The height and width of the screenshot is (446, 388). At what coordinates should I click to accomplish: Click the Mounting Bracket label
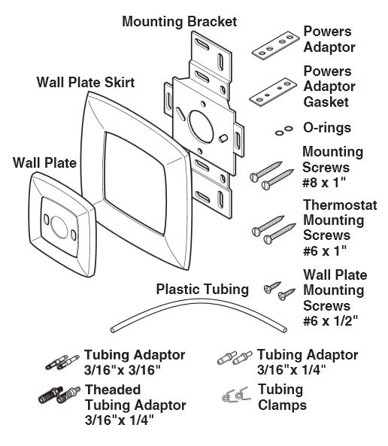click(179, 22)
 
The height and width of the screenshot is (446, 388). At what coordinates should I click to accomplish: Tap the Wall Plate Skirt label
click(85, 83)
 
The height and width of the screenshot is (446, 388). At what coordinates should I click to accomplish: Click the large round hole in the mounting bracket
click(201, 126)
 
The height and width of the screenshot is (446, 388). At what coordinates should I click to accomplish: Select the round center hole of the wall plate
click(59, 227)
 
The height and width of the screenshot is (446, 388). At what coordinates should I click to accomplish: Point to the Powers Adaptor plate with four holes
click(275, 45)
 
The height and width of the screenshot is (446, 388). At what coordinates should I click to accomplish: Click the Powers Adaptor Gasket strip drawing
click(273, 92)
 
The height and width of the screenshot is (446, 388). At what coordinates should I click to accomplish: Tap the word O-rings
click(327, 128)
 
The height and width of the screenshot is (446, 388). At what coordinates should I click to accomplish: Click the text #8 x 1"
click(324, 182)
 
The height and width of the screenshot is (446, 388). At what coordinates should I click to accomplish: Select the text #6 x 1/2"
click(330, 321)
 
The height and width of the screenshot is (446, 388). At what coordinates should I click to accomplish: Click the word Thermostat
click(340, 205)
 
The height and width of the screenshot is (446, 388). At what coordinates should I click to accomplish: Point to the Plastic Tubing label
click(202, 289)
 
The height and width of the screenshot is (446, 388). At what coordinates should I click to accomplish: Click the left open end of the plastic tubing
click(113, 330)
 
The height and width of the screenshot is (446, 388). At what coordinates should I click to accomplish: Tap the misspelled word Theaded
click(113, 390)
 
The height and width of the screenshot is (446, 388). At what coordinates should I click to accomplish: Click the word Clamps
click(282, 405)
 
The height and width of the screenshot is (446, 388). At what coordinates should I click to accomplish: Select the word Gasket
click(326, 102)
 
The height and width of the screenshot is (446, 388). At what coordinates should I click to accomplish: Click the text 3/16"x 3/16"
click(123, 370)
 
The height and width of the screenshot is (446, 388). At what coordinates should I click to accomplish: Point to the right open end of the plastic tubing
click(284, 329)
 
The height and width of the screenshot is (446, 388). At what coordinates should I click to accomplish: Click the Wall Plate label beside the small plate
click(44, 163)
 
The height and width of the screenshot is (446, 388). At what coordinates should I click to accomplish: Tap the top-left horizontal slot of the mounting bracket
click(202, 45)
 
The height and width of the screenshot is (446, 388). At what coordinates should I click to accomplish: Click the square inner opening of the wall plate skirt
click(135, 184)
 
